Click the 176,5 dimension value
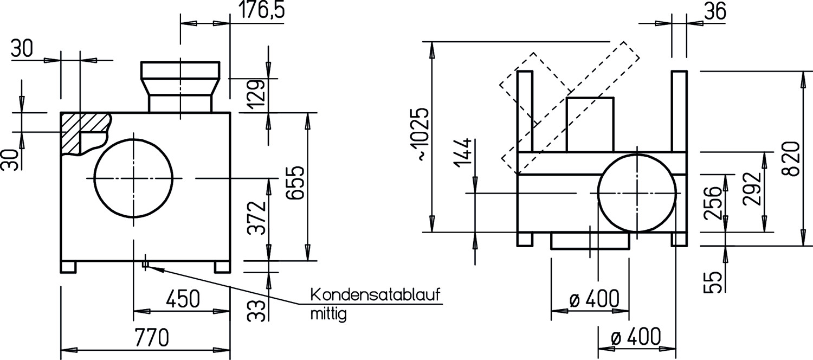(x=262, y=9)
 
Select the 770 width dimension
(x=152, y=337)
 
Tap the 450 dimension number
(x=183, y=299)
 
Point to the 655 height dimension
(x=295, y=183)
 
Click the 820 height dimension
(x=791, y=159)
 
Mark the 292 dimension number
(x=751, y=189)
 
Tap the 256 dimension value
(x=712, y=203)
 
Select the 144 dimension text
(x=463, y=152)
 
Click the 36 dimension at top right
(x=715, y=11)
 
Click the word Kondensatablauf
(x=376, y=295)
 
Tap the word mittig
(x=328, y=314)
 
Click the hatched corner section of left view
(x=83, y=133)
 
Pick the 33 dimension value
(x=256, y=311)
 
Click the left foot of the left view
(x=68, y=267)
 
